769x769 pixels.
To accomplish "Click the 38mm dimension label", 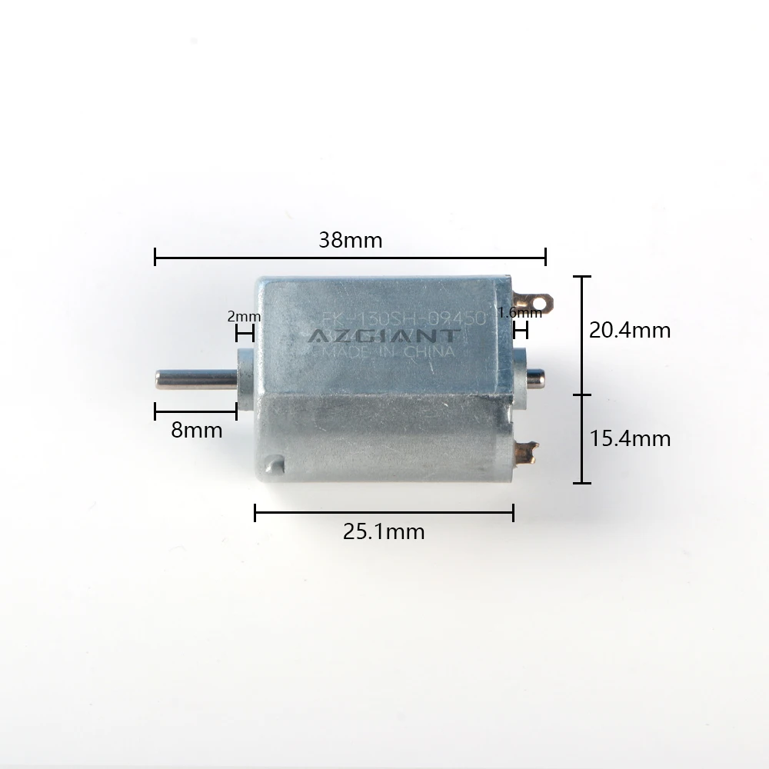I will pos(350,240).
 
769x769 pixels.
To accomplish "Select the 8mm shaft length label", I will pos(196,430).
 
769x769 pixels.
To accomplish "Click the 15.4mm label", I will pos(629,438).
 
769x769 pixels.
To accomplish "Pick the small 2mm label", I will pos(244,316).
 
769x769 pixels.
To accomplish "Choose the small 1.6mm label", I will pos(520,312).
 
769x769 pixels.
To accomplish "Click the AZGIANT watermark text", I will pos(382,336).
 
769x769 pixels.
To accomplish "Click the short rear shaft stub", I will pos(535,376).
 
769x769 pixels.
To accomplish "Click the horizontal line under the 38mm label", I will pos(350,258).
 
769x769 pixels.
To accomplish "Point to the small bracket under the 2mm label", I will pos(245,333).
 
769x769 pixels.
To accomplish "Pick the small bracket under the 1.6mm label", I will pos(521,331).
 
